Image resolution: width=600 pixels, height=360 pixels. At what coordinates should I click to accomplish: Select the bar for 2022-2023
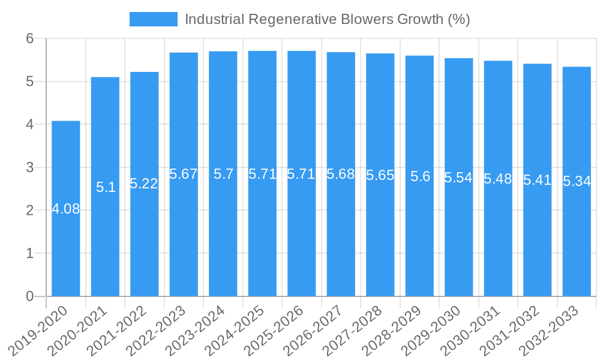click(x=184, y=174)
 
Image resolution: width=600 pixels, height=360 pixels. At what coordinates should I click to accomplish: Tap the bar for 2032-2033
click(x=577, y=181)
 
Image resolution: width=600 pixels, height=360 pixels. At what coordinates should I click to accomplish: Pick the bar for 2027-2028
click(x=380, y=175)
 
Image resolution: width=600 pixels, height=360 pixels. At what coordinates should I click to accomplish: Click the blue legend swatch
click(x=153, y=19)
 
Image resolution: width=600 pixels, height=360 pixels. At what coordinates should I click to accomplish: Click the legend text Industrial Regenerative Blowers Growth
click(x=327, y=19)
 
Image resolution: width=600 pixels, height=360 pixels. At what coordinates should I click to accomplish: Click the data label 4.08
click(x=66, y=209)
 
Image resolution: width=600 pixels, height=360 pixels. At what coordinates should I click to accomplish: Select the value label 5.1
click(x=106, y=187)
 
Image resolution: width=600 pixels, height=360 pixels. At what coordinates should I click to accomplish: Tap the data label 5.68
click(x=341, y=175)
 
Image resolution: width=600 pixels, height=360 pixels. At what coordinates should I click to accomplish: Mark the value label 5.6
click(x=420, y=176)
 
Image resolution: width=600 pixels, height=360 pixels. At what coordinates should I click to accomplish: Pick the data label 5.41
click(x=538, y=180)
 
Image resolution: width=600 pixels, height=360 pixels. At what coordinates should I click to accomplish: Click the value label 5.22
click(x=145, y=184)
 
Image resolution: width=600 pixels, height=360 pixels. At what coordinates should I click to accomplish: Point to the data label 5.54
click(x=459, y=178)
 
